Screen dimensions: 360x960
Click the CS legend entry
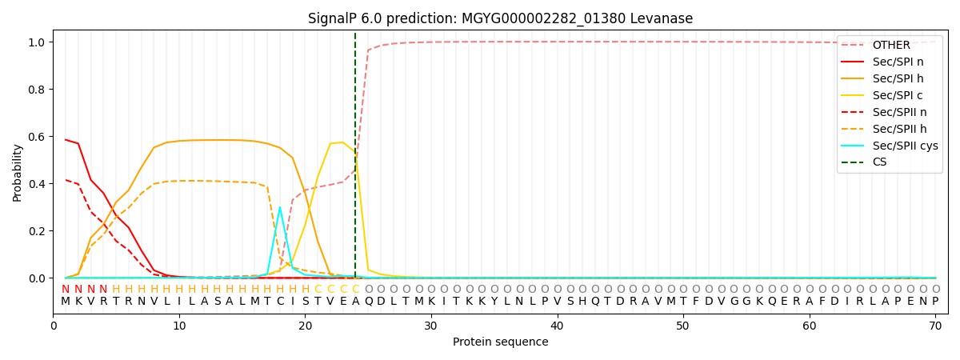[879, 162]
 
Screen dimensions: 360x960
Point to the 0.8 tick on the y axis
[37, 90]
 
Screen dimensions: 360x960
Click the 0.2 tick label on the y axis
[37, 231]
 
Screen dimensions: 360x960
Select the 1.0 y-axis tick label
[37, 42]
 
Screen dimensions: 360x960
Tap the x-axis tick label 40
[557, 326]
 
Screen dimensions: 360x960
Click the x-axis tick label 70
[934, 326]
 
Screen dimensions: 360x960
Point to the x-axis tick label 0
[54, 326]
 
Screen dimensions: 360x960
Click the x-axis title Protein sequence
[500, 342]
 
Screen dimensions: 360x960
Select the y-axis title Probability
[17, 172]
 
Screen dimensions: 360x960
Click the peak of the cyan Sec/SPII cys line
[279, 207]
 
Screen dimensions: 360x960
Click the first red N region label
[66, 290]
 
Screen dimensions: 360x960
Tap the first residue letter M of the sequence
[66, 302]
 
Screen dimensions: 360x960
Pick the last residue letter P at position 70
[934, 302]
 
